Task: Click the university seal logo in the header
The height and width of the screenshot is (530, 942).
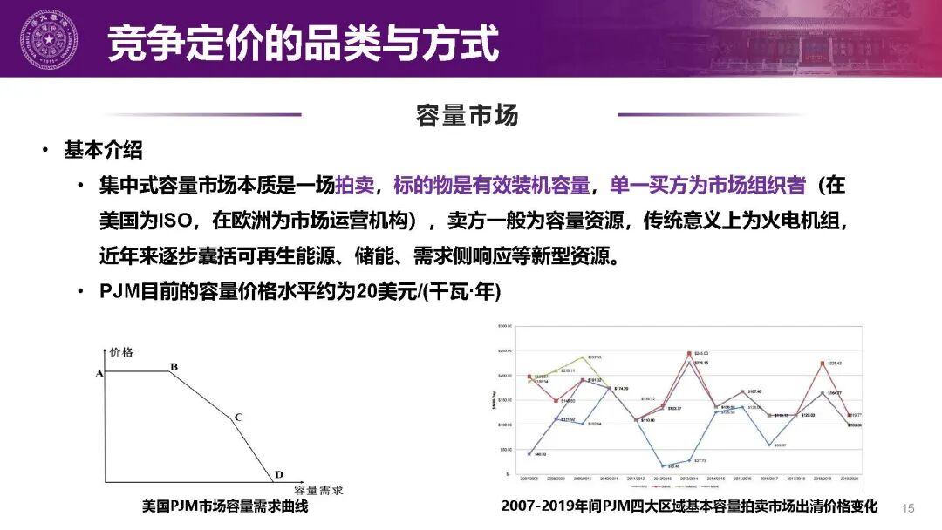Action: coord(49,39)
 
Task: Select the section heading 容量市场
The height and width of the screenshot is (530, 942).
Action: coord(468,115)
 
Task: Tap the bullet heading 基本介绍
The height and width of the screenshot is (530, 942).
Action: coord(103,150)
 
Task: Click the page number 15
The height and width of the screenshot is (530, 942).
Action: coord(907,507)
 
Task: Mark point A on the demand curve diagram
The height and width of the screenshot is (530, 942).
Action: coord(99,373)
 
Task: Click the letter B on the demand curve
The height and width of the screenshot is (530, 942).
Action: coord(174,367)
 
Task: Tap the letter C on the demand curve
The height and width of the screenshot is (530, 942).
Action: coord(238,418)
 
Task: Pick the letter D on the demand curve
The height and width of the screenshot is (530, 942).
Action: coord(279,475)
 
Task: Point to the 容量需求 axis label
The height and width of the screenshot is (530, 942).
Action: coord(319,490)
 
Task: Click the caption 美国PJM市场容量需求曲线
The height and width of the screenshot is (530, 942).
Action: coord(225,506)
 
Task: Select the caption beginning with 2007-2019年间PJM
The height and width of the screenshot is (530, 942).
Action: coord(689,506)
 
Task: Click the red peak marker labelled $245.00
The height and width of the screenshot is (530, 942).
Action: coord(690,353)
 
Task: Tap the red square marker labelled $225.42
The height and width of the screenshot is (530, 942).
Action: coord(822,364)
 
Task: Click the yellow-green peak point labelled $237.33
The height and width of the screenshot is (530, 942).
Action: coord(583,357)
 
